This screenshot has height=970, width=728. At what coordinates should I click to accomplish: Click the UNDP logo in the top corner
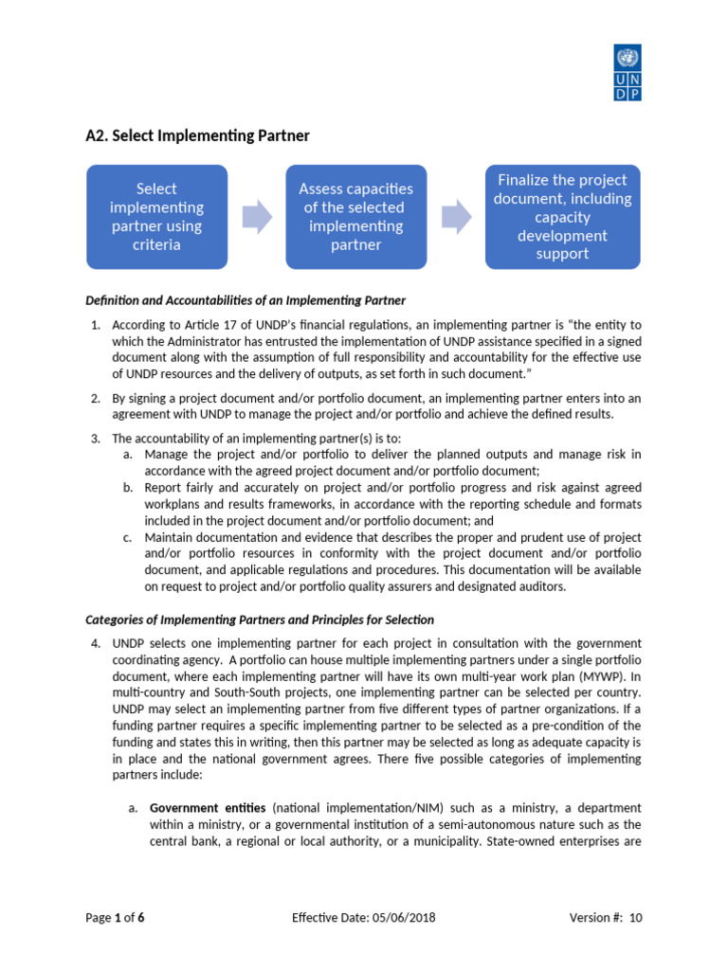628,73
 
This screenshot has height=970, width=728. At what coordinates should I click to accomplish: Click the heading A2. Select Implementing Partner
197,135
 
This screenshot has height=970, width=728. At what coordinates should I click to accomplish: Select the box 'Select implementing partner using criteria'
156,217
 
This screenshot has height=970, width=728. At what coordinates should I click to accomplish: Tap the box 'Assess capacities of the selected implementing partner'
355,217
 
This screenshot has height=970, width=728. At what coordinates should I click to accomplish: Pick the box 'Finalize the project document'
562,217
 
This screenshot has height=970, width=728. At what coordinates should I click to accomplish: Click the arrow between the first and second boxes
256,217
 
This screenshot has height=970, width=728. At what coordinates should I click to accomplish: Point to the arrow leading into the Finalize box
456,217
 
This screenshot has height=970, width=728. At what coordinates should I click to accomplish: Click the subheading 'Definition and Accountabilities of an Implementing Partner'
246,300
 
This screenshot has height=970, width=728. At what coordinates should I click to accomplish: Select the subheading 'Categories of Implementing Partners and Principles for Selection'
260,620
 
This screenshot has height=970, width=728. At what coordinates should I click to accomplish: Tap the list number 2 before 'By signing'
95,398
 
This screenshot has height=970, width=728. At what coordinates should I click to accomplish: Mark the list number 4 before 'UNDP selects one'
95,643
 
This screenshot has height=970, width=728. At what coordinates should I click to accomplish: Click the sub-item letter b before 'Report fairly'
128,487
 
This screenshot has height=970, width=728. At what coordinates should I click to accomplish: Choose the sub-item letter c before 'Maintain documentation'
128,537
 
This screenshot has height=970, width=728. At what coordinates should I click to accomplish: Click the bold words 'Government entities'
209,808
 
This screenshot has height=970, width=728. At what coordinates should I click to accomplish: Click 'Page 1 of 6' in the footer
115,918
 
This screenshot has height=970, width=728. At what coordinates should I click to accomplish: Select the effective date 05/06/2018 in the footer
400,918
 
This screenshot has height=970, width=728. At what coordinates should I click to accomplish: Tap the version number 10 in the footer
635,918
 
